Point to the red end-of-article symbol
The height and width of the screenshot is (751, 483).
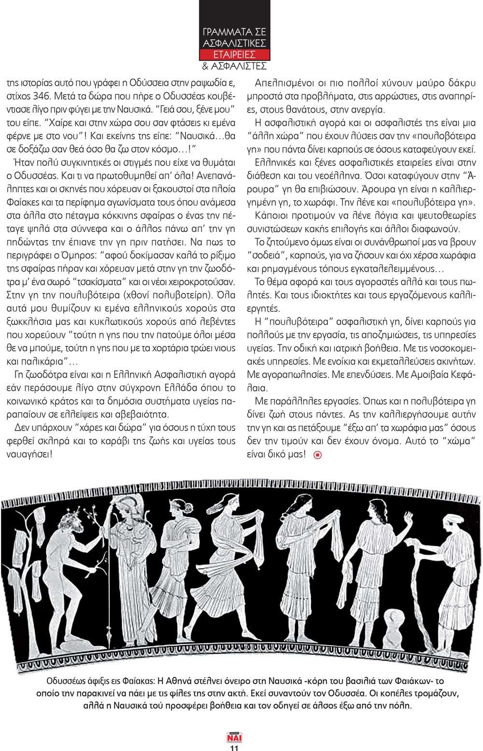point(317,454)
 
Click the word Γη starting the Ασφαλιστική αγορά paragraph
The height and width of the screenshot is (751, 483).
point(18,374)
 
